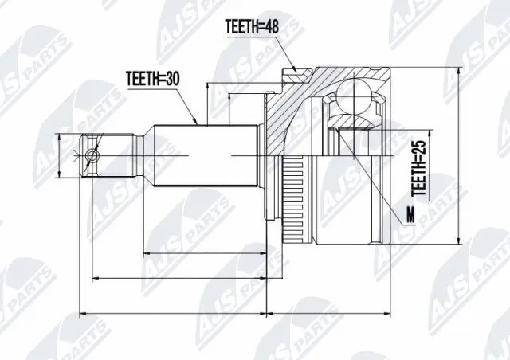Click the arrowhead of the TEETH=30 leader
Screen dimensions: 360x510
[x=197, y=123]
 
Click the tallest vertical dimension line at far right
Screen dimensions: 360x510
[x=461, y=155]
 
